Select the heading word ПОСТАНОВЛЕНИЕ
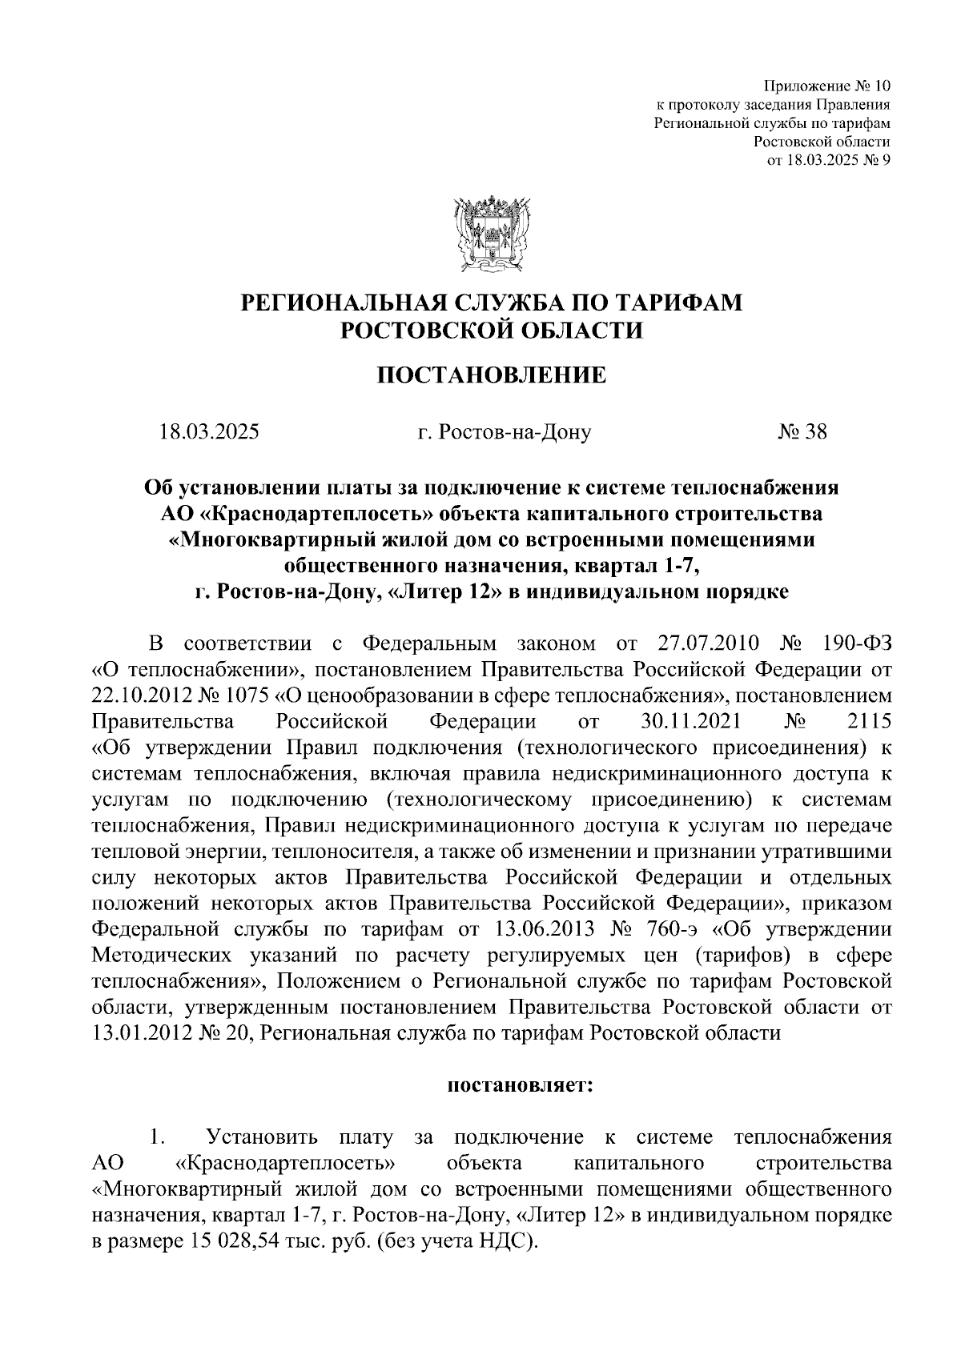click(492, 375)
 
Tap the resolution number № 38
click(802, 432)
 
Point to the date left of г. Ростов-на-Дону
click(209, 432)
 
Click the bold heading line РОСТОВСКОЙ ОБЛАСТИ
click(492, 330)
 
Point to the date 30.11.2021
click(692, 720)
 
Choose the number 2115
click(868, 720)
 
